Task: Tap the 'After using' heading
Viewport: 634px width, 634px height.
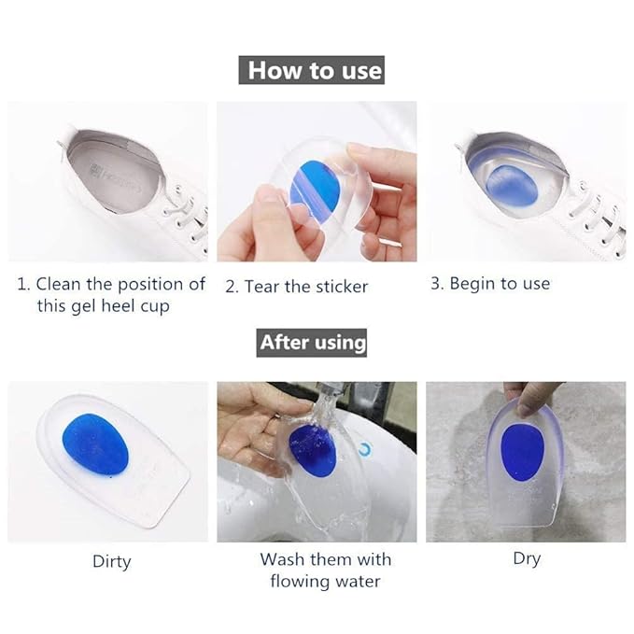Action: pos(313,343)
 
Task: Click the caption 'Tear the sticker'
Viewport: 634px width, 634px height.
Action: pos(307,287)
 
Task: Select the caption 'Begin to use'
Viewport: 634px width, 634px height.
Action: pos(500,284)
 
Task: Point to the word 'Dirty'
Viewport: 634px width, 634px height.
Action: pos(111,561)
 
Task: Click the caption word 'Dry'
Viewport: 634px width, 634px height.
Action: pos(526,558)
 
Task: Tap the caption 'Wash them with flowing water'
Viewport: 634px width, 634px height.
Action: pos(325,570)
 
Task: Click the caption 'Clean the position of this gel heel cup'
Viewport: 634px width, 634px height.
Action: pos(111,294)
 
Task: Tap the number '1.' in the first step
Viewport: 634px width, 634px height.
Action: pos(24,284)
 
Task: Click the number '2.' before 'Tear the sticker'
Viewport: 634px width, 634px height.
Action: pos(232,287)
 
